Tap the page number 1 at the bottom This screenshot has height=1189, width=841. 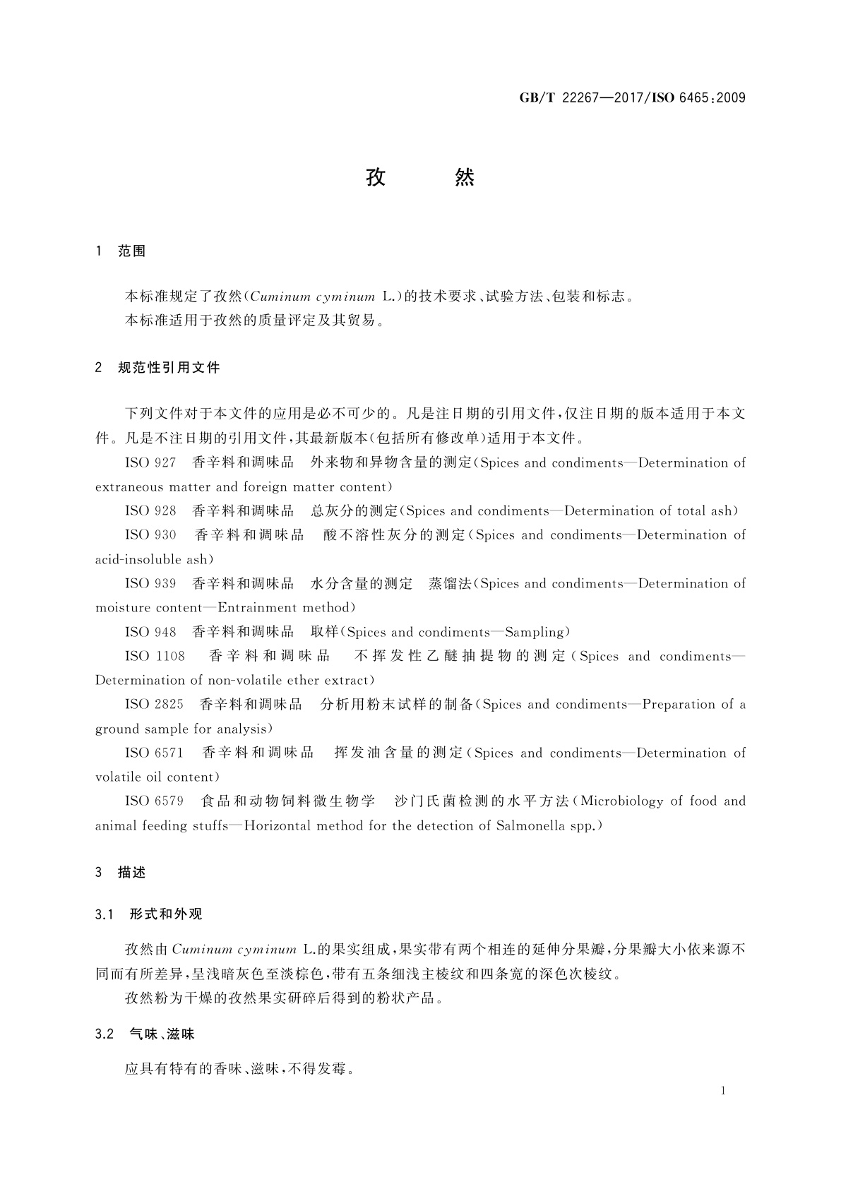click(723, 1091)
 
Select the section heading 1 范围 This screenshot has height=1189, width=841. click(120, 251)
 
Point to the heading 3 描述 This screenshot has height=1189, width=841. click(120, 873)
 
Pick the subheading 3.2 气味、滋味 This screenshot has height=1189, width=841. click(145, 1034)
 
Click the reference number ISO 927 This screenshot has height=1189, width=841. click(150, 463)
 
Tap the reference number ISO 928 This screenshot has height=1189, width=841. click(150, 511)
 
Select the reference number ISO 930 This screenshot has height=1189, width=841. click(150, 535)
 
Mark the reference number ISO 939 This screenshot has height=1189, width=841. click(150, 584)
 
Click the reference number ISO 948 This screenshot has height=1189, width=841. click(150, 632)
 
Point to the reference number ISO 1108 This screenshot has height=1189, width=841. click(155, 657)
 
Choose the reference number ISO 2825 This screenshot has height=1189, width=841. click(154, 705)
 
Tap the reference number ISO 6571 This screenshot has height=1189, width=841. click(154, 753)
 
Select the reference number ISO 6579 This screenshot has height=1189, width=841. click(154, 801)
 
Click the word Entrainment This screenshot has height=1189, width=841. click(256, 608)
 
